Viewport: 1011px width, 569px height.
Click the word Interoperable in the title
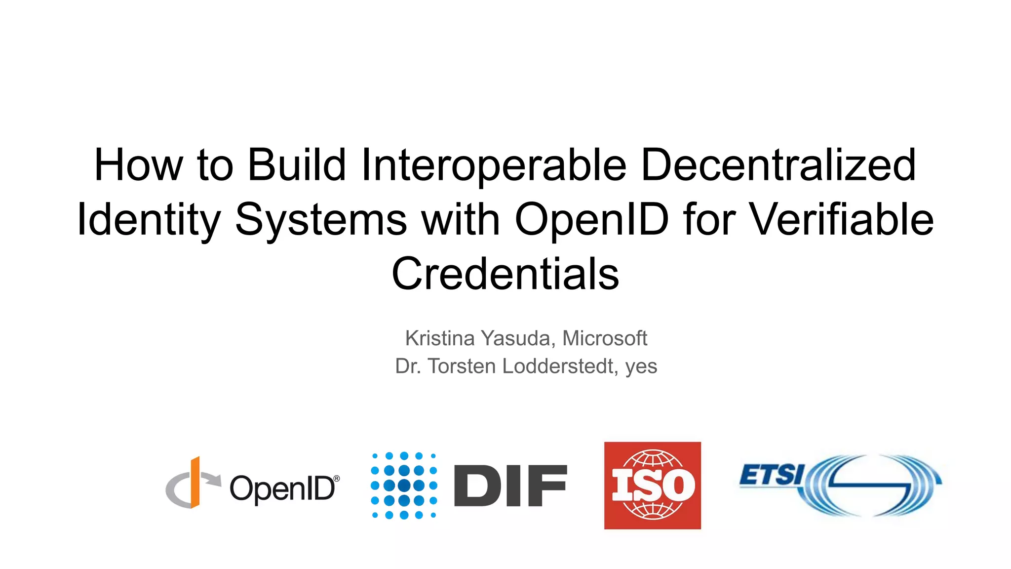[494, 165]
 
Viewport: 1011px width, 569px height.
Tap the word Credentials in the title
[505, 274]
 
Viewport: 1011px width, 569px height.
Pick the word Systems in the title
[321, 220]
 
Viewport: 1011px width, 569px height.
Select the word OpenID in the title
[591, 220]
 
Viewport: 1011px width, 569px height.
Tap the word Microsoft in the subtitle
[604, 338]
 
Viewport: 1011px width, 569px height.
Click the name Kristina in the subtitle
[440, 338]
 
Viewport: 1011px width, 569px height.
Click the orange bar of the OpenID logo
[195, 482]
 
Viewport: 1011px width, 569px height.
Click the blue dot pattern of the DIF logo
[404, 485]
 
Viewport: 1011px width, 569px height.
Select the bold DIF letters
[510, 486]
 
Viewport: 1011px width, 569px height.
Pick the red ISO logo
[652, 485]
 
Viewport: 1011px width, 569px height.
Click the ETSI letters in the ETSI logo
[771, 475]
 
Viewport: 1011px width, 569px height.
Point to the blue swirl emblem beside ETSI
[874, 485]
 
